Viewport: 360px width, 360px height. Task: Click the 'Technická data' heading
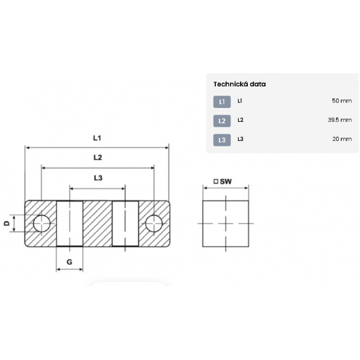coord(239,84)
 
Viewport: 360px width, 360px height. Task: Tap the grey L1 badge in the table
coord(222,102)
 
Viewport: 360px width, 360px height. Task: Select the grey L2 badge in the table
coord(222,121)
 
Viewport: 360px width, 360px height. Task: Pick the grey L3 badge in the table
coord(222,140)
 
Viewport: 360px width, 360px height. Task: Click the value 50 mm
coord(341,101)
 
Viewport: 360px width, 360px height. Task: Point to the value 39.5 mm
coord(340,120)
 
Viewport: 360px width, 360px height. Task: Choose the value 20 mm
coord(342,139)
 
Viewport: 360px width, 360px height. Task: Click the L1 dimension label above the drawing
coord(97,138)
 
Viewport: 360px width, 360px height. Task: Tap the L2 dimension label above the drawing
coord(98,157)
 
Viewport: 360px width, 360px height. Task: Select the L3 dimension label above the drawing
coord(98,178)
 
